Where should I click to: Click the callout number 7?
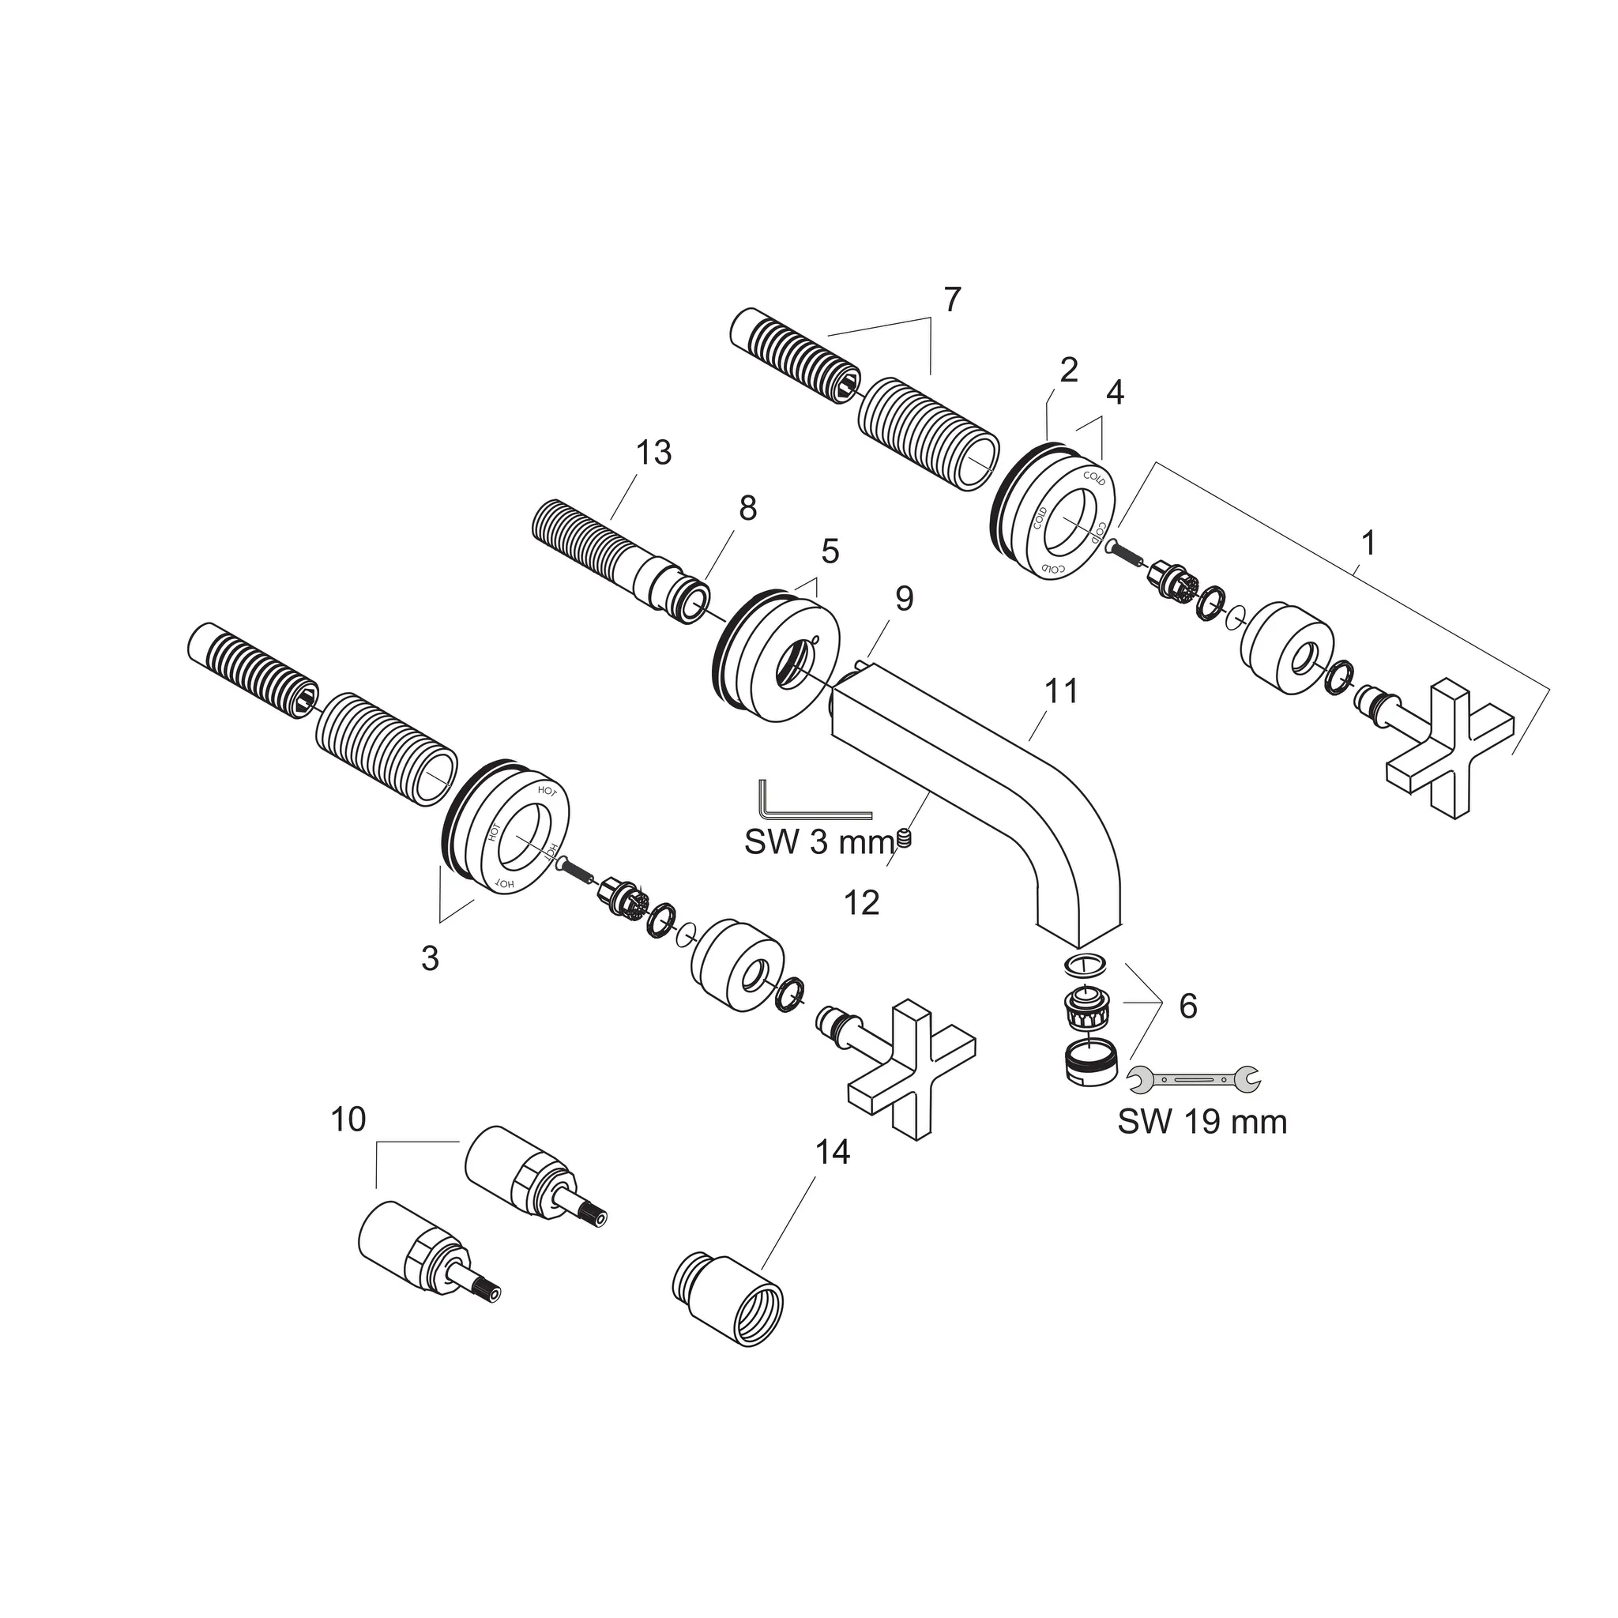pos(952,299)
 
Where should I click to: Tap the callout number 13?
pos(653,453)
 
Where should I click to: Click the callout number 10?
pos(348,1119)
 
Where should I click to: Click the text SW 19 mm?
pos(1202,1121)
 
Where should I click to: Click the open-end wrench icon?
pos(1195,1080)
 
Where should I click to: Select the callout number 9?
pos(904,598)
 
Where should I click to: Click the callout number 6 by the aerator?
pos(1187,1006)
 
